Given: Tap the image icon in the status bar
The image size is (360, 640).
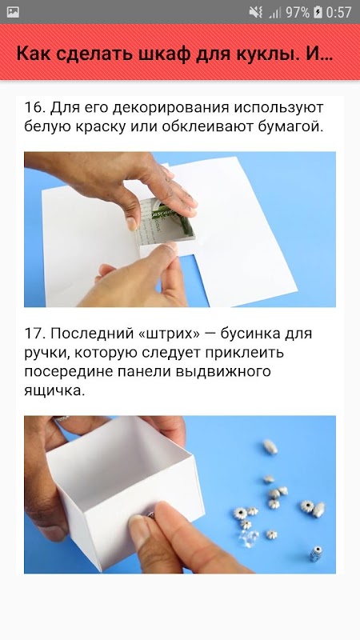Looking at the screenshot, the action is click(13, 12).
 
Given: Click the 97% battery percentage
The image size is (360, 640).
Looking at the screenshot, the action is click(297, 12).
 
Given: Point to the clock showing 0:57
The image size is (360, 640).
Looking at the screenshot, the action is click(338, 12).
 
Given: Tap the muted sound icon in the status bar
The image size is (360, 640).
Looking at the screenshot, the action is click(256, 12).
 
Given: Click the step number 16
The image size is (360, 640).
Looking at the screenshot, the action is click(34, 108).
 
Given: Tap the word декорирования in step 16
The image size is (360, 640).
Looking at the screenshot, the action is click(170, 109).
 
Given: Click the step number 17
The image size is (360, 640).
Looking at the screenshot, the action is click(34, 334).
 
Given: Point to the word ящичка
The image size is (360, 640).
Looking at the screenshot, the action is click(54, 391).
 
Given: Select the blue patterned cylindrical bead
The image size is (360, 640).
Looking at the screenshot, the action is click(316, 553).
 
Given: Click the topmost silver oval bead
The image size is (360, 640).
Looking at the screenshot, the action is click(270, 447).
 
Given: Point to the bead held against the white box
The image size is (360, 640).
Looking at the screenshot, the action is click(150, 515).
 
